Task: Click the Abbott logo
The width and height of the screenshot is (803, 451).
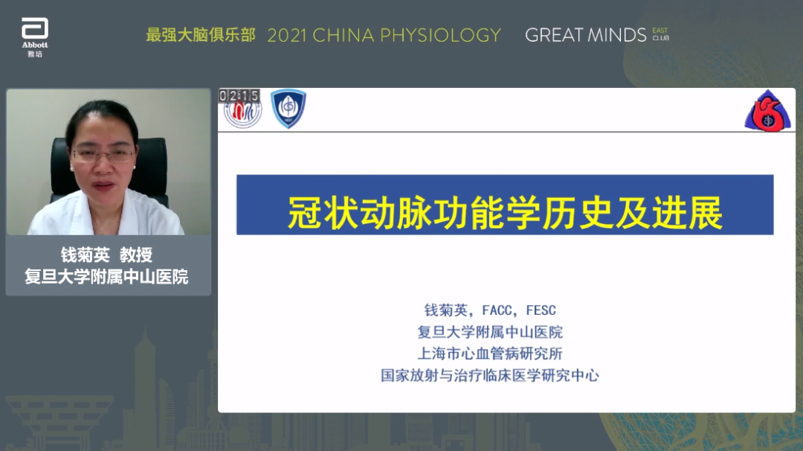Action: [x=35, y=37]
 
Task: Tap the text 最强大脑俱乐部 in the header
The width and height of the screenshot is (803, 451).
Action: [x=201, y=35]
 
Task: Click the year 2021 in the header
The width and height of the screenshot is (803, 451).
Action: [x=287, y=36]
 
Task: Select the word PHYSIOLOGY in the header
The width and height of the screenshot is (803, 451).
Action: [x=440, y=36]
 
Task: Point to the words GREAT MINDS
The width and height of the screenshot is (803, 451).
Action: [x=585, y=36]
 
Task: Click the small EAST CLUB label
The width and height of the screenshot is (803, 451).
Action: [x=661, y=34]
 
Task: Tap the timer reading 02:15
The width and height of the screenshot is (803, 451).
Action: [x=239, y=96]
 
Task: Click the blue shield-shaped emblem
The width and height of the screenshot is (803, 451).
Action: [x=288, y=108]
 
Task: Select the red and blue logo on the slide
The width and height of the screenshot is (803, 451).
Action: [x=767, y=111]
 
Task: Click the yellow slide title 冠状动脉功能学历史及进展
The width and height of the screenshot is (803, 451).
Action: [x=505, y=212]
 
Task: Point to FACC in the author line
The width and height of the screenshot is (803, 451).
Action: [x=497, y=310]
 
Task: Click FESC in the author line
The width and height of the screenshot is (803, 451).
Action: [x=541, y=310]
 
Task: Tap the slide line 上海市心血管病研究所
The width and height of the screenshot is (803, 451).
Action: [x=490, y=354]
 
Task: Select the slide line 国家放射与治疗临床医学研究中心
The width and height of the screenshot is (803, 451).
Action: [x=490, y=376]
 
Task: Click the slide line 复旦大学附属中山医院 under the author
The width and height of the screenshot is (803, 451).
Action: [x=490, y=332]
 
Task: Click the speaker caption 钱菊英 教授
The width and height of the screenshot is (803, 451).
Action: [x=107, y=255]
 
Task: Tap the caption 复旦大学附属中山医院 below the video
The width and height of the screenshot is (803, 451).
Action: [x=106, y=277]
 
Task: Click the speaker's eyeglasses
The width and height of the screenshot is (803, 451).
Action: [x=104, y=154]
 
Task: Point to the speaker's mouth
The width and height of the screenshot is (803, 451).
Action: [x=105, y=185]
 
